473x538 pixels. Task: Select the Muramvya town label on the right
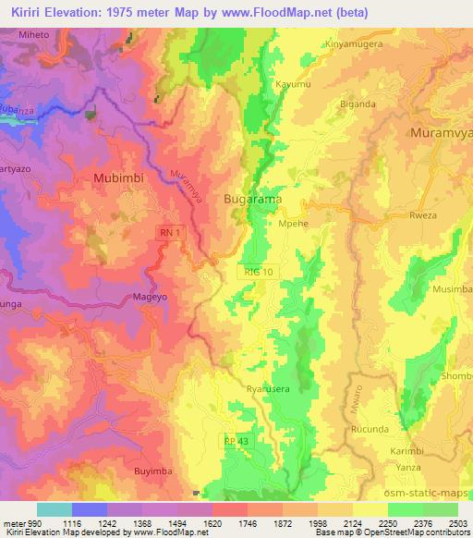point(442,132)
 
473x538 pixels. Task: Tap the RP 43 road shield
point(235,442)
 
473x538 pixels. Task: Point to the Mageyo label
point(143,298)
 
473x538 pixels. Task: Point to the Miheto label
point(30,34)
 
